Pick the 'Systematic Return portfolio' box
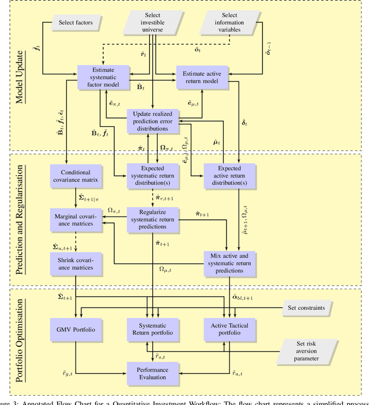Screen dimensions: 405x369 (152, 330)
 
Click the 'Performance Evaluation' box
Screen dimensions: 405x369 (152, 373)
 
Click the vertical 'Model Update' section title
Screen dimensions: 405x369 (22, 75)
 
